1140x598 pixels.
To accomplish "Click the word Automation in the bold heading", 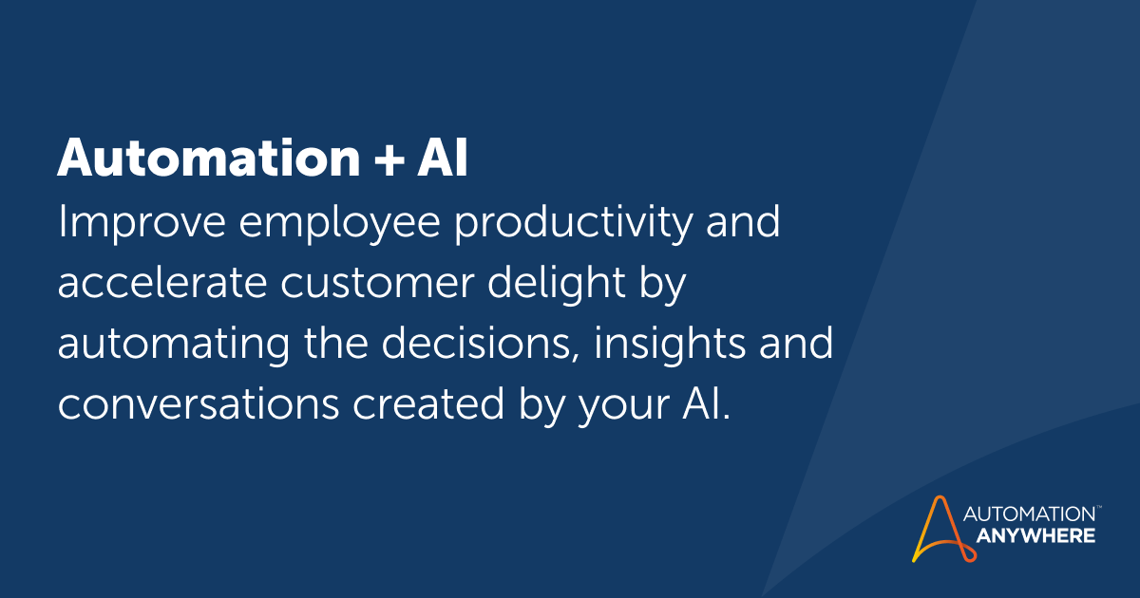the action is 209,158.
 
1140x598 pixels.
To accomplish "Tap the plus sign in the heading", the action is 389,159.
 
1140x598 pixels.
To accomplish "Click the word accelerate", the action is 162,283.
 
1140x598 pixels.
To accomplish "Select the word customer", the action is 377,285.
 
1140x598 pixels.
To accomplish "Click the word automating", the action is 174,346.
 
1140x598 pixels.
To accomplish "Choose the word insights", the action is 670,346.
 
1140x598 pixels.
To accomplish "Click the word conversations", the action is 199,403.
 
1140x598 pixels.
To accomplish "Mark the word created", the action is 428,403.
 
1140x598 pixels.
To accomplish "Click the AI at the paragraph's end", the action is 701,403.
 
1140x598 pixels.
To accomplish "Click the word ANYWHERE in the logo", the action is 1035,536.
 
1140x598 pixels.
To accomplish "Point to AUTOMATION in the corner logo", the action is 1030,514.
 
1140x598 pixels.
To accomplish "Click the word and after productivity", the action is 743,222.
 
